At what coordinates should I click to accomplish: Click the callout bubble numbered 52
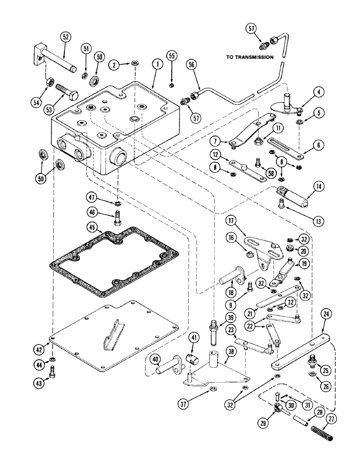[65, 37]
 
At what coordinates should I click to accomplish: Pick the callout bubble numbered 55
[171, 55]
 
